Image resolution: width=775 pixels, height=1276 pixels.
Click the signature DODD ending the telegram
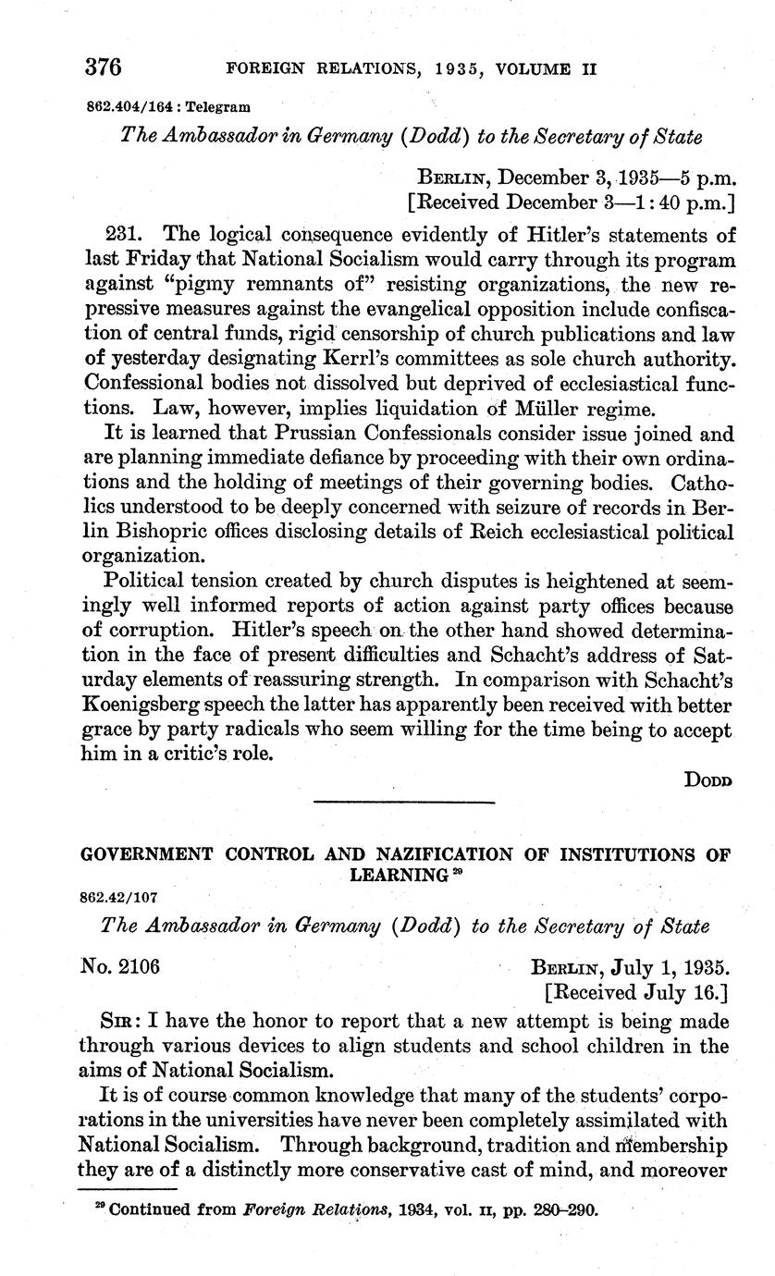pyautogui.click(x=707, y=779)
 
